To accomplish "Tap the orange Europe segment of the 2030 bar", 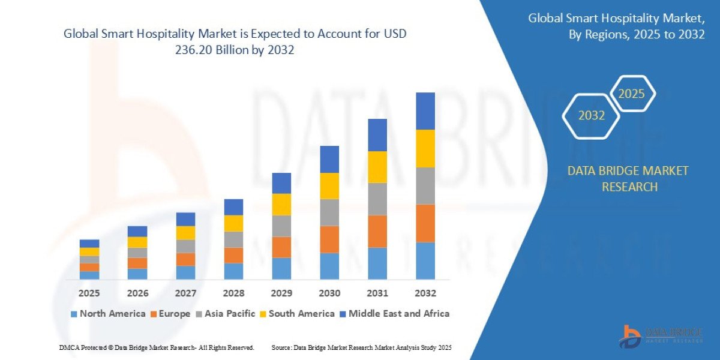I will click(x=329, y=239).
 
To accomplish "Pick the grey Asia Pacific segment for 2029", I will click(x=281, y=226).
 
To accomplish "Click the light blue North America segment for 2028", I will click(x=233, y=271).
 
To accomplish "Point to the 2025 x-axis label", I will click(x=89, y=293).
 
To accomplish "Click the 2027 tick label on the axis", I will click(x=185, y=293).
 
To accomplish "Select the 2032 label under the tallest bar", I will click(x=425, y=293).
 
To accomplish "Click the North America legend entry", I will click(x=108, y=313).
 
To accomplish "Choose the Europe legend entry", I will click(x=171, y=313).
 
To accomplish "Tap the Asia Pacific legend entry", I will click(x=226, y=313).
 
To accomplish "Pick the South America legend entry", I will click(x=297, y=313).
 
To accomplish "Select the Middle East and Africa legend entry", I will click(x=394, y=313).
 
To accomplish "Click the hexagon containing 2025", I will click(x=631, y=94).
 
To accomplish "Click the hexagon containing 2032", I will click(x=591, y=115).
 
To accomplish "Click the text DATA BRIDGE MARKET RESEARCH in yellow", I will click(x=628, y=179).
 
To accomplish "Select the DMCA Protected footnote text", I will click(x=156, y=347).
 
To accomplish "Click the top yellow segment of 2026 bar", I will click(x=137, y=242).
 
